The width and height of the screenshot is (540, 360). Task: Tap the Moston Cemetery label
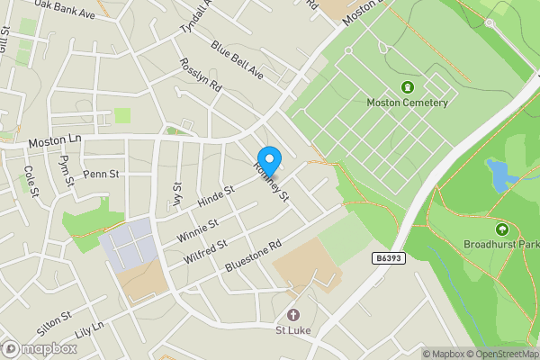(x=407, y=103)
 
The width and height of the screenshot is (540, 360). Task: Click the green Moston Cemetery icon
(x=407, y=87)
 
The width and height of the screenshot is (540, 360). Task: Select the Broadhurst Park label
(x=500, y=244)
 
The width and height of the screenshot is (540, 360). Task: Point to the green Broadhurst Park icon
(x=501, y=229)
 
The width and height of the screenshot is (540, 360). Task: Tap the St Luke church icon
(x=292, y=315)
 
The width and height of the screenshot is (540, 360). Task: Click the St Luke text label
(x=292, y=330)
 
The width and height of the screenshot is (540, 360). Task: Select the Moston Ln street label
(x=54, y=141)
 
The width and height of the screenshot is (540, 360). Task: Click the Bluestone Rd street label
(x=253, y=251)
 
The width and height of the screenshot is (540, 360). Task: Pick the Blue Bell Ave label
(x=236, y=58)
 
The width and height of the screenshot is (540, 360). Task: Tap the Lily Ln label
(x=89, y=331)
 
